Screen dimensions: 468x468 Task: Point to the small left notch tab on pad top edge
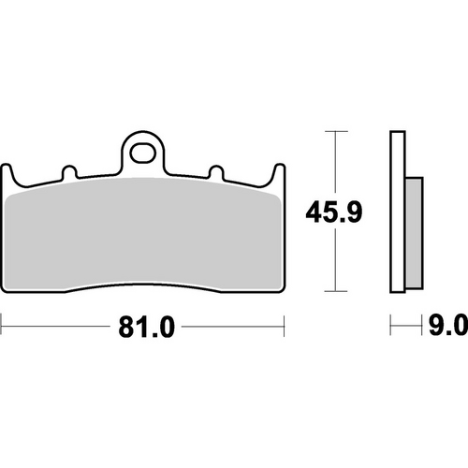coord(68,173)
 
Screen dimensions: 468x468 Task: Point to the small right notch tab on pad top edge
coord(215,173)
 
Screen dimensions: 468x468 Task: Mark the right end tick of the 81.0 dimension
coord(283,327)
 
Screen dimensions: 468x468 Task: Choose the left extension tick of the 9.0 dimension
coord(390,327)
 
